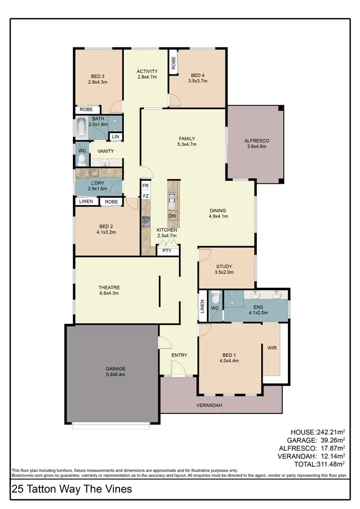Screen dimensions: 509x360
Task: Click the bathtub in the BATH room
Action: tap(83, 128)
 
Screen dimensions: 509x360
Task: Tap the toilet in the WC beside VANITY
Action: tap(82, 159)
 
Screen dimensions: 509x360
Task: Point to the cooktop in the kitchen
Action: tap(146, 221)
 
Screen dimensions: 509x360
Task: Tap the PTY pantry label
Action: tap(167, 251)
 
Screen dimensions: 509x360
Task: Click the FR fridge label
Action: tap(145, 185)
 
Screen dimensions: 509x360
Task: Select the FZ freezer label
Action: tap(145, 196)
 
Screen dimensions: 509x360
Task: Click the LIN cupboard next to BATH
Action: tap(115, 137)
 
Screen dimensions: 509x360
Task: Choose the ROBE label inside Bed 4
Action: tap(173, 62)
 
